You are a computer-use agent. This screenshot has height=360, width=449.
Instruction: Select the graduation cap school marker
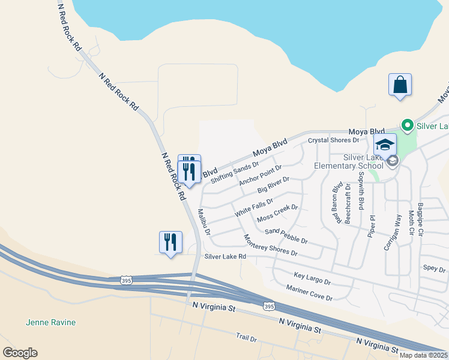[385, 145]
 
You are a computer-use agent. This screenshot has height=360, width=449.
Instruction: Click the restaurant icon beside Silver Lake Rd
[170, 242]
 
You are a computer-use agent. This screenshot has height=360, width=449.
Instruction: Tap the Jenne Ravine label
[51, 322]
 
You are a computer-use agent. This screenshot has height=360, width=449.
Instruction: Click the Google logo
[20, 353]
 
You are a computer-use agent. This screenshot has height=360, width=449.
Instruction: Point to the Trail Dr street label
[246, 338]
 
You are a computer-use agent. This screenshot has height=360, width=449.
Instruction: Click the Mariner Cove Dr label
[309, 293]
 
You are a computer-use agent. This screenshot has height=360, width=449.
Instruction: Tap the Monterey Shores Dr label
[270, 245]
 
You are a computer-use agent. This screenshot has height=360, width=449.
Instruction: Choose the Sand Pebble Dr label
[286, 236]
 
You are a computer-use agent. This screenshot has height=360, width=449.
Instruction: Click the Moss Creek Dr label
[277, 213]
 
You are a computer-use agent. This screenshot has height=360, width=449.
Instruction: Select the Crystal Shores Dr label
[333, 140]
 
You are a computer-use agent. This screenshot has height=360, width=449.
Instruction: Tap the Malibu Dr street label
[205, 223]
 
